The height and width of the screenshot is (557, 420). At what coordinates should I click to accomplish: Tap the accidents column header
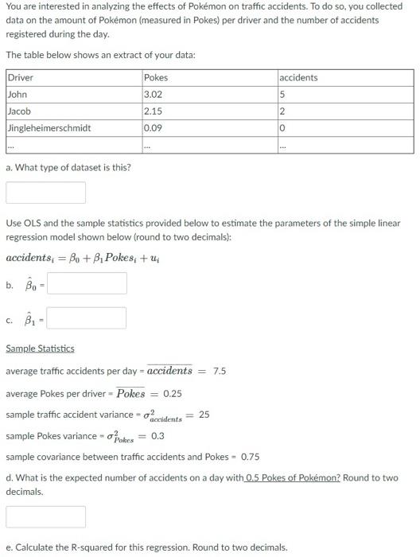point(298,77)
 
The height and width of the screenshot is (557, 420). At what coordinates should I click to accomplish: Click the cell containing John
point(17,95)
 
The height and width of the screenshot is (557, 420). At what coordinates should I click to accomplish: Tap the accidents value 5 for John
point(282,95)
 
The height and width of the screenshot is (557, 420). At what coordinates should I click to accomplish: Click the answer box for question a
point(45,193)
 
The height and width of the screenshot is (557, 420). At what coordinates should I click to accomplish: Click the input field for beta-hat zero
point(87,283)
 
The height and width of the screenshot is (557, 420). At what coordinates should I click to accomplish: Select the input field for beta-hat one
point(87,318)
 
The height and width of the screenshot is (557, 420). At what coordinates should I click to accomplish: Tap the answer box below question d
point(45,516)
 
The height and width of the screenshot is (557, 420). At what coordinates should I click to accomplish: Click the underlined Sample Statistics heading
point(40,349)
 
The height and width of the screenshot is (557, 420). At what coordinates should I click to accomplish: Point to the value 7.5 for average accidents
point(220,371)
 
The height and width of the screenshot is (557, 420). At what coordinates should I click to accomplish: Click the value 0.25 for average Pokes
point(173,393)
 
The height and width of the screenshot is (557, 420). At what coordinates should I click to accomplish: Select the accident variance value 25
point(204,415)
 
